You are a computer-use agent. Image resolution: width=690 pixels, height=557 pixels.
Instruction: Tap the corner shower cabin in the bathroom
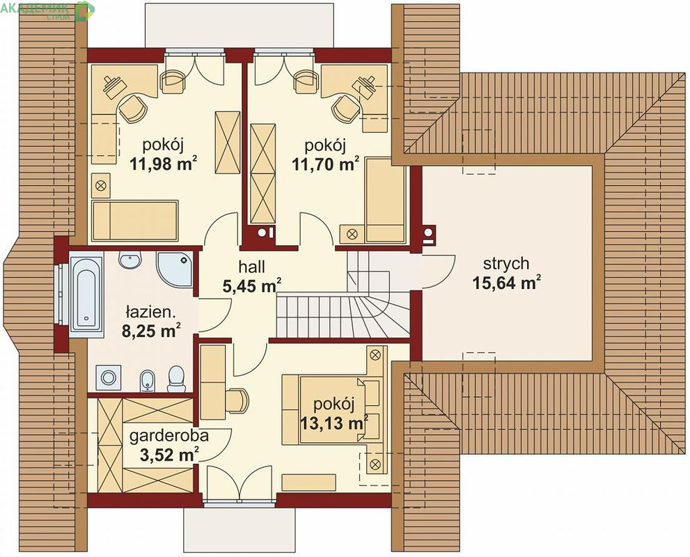tap(175, 269)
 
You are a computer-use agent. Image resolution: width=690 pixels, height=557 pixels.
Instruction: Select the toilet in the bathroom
tap(176, 379)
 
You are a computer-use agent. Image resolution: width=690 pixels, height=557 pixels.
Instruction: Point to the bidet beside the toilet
tap(148, 381)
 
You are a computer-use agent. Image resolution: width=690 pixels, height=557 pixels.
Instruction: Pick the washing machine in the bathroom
tap(108, 377)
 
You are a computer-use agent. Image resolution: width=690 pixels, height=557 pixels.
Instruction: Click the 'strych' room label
tap(506, 264)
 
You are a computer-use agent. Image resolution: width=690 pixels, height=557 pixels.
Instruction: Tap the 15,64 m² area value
tap(506, 283)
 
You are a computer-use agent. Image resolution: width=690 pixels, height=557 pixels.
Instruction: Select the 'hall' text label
tap(252, 267)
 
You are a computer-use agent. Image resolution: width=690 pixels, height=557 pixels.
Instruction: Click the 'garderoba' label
tap(169, 436)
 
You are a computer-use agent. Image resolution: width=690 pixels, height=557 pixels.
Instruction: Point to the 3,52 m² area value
tap(169, 455)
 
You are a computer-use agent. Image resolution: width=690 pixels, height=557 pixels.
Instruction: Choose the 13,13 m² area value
tap(334, 423)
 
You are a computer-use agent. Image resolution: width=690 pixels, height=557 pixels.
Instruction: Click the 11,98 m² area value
tap(163, 164)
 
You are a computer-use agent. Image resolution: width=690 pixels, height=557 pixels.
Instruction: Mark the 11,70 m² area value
tap(326, 164)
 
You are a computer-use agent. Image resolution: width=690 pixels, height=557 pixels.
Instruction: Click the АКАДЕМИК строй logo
tap(47, 11)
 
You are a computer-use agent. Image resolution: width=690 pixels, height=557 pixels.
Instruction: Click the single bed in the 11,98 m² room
tap(135, 221)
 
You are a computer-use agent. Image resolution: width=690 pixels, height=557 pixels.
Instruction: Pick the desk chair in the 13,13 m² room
tap(238, 400)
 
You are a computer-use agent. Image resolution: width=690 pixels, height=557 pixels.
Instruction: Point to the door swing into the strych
tap(439, 271)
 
